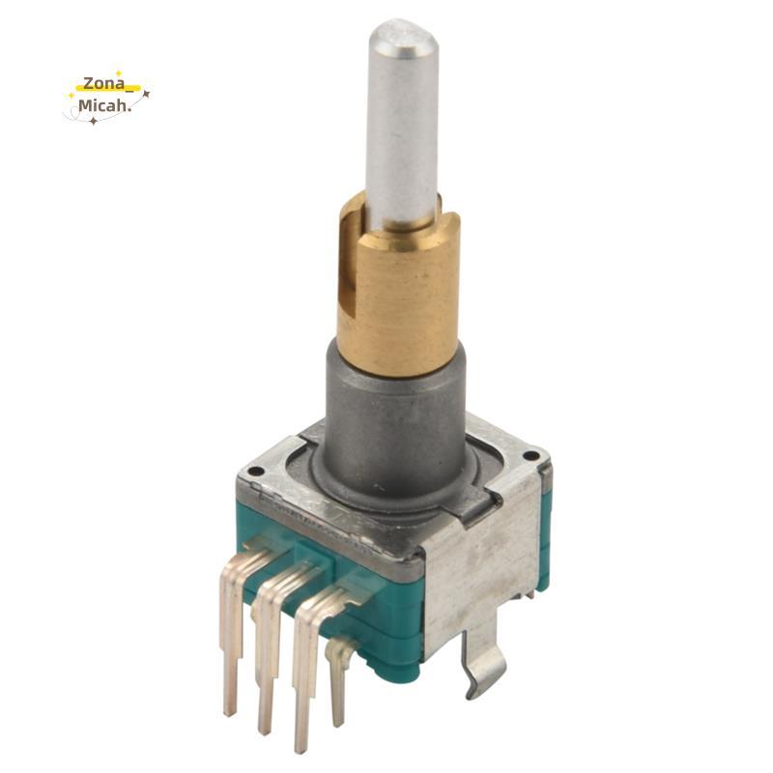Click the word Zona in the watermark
click(x=104, y=83)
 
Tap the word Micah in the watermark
click(x=103, y=105)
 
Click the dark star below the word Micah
click(x=93, y=121)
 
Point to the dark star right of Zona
click(x=146, y=92)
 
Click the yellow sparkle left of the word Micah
click(x=72, y=95)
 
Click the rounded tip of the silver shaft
click(x=403, y=35)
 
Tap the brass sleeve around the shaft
click(x=398, y=291)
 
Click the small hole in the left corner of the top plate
click(x=255, y=472)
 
